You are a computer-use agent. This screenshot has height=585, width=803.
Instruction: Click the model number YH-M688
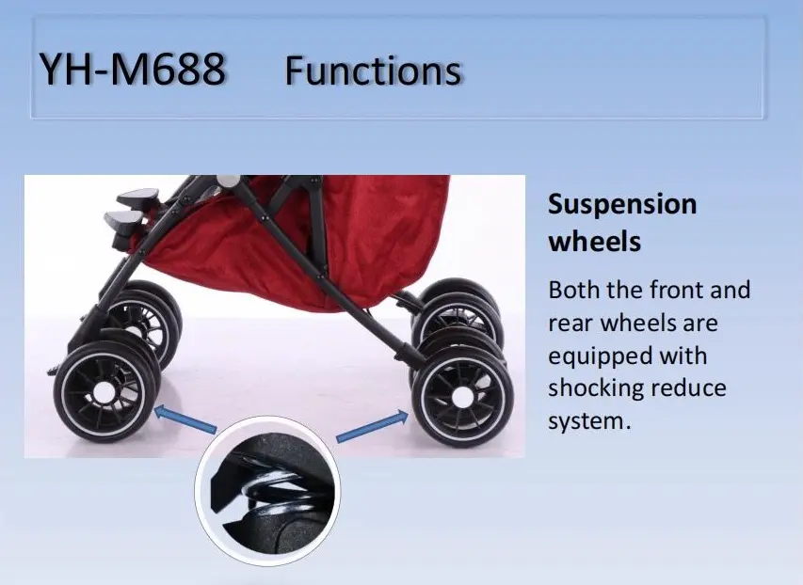132,71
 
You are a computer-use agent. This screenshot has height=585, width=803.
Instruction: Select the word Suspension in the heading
622,204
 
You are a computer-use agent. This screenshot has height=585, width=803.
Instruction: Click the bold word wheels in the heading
594,241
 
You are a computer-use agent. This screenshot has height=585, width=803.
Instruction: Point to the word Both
572,290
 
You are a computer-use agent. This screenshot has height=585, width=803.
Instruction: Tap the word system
587,420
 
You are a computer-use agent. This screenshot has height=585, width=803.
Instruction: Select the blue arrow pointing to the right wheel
371,426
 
